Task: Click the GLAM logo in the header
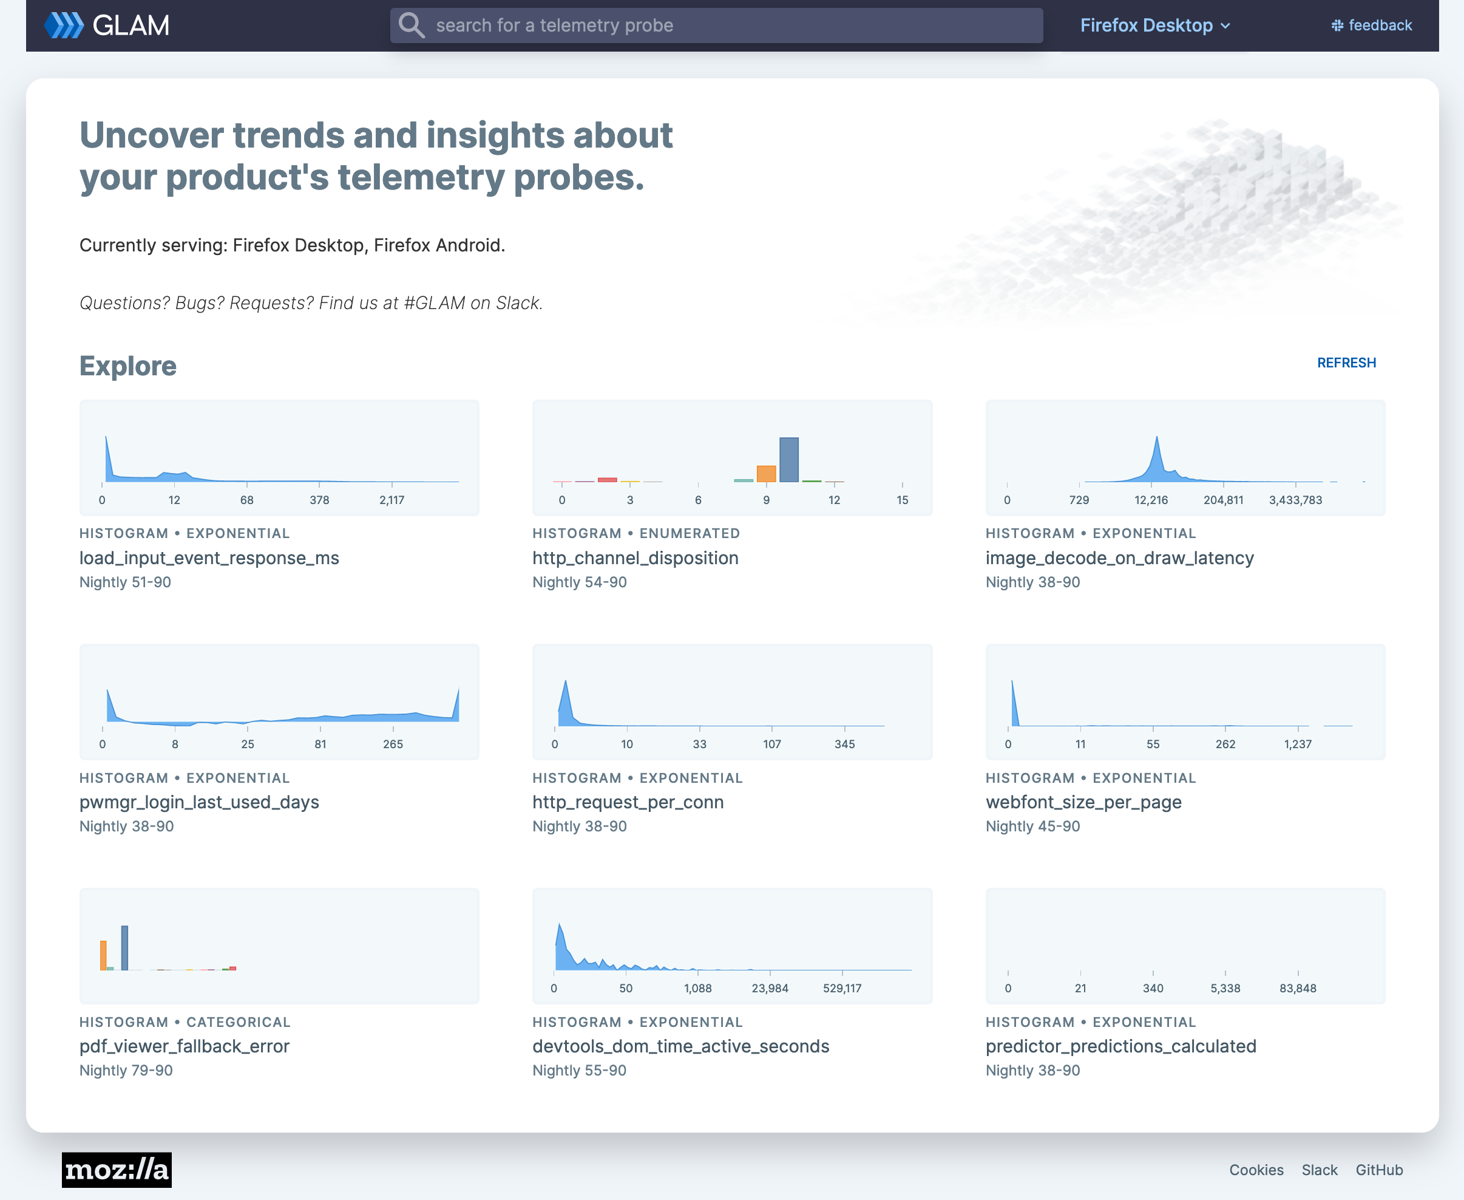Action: (x=107, y=26)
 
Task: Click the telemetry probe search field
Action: (x=716, y=26)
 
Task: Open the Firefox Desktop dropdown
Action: (x=1154, y=26)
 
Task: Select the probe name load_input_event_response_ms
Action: (x=209, y=558)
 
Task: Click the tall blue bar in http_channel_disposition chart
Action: (x=788, y=460)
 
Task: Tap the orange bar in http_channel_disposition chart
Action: (x=766, y=474)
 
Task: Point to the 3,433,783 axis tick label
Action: (x=1295, y=500)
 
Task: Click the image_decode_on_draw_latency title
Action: (x=1119, y=558)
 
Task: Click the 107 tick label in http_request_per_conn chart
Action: (x=771, y=744)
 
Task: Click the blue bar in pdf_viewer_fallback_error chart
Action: (x=124, y=948)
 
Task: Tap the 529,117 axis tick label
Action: (x=841, y=988)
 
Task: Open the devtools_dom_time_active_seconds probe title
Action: (x=680, y=1046)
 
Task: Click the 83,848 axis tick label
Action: (x=1297, y=988)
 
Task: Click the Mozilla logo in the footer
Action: (x=117, y=1170)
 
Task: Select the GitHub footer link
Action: (x=1378, y=1170)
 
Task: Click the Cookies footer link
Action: (x=1255, y=1170)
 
